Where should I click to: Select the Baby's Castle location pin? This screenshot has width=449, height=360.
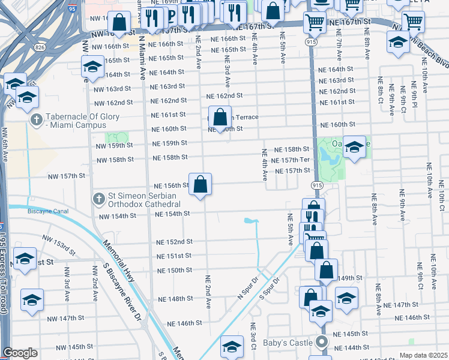(x=321, y=343)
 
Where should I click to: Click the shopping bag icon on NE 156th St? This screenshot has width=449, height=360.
(x=200, y=184)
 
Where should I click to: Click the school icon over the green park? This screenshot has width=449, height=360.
(x=354, y=147)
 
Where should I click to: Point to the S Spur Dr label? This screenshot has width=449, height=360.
(x=271, y=288)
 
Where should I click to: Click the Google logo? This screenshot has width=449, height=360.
(x=20, y=353)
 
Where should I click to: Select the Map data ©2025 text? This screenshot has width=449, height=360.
(x=423, y=355)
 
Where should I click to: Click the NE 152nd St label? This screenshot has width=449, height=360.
(x=174, y=242)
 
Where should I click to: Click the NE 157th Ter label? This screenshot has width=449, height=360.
(x=290, y=160)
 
